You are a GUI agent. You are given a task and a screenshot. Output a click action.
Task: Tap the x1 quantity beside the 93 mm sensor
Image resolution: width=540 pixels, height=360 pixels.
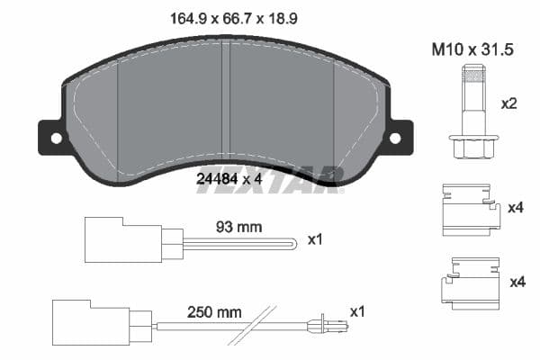pyautogui.click(x=315, y=240)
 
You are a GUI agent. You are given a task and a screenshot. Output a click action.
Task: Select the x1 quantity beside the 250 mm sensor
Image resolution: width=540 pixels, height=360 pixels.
pyautogui.click(x=357, y=312)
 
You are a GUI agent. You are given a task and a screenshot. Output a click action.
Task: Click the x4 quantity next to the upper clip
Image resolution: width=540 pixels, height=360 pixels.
pyautogui.click(x=516, y=209)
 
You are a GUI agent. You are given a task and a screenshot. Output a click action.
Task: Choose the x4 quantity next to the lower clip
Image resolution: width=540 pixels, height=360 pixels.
pyautogui.click(x=516, y=283)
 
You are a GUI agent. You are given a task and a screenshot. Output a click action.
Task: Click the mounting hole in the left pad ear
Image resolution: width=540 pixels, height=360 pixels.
pyautogui.click(x=56, y=139)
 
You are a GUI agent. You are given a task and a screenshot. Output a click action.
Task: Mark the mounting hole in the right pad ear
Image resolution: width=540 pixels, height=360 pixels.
pyautogui.click(x=394, y=139)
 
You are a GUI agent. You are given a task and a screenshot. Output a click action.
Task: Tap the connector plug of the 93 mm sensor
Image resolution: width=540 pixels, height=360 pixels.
pyautogui.click(x=112, y=240)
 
